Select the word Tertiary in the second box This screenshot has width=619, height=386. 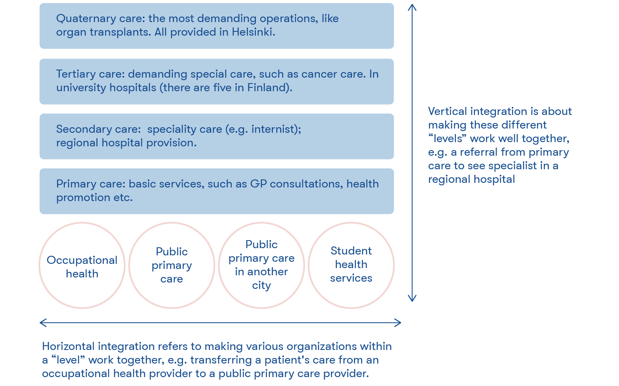point(76,74)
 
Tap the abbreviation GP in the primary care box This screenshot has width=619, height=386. point(258,184)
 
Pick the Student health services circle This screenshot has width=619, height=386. point(351,265)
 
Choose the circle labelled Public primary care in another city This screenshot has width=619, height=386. point(261,265)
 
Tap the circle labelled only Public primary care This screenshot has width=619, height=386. point(172,265)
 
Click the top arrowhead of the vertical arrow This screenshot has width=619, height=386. point(412,7)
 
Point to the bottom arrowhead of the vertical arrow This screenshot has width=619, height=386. point(412,298)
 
